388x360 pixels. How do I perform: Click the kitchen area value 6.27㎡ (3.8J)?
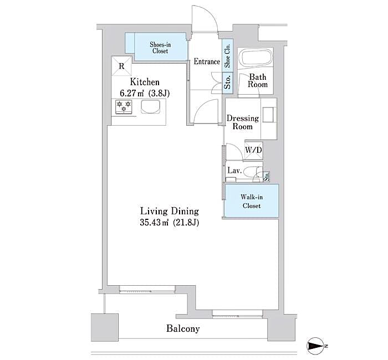(x=142, y=93)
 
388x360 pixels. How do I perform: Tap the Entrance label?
(x=207, y=61)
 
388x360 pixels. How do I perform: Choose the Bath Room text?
(x=258, y=81)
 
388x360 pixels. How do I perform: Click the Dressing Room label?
(x=242, y=122)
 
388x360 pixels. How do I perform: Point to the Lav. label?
(x=233, y=171)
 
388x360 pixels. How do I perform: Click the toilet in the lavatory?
(x=253, y=172)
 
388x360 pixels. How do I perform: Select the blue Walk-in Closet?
(x=251, y=200)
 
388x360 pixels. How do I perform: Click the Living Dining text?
(x=169, y=211)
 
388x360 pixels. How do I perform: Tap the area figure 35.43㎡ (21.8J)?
(x=169, y=223)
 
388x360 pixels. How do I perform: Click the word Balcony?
(x=183, y=328)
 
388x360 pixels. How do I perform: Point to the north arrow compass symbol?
(x=317, y=347)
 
